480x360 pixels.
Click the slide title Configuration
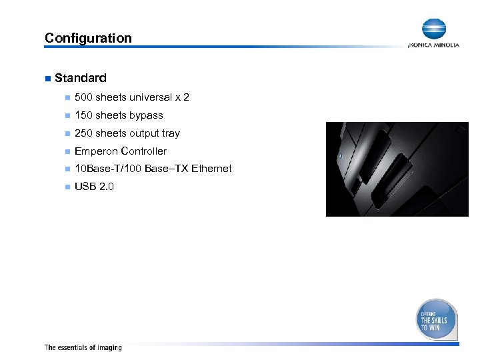(x=88, y=38)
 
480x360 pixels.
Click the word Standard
(x=81, y=78)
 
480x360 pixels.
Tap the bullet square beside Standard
(x=47, y=79)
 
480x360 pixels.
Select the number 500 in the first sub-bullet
(x=83, y=97)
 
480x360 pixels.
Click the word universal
(x=151, y=97)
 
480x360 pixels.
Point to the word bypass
(x=146, y=115)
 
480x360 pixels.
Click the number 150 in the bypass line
(x=83, y=115)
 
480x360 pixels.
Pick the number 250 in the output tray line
(x=83, y=133)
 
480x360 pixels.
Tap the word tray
(x=171, y=133)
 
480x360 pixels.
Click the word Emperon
(x=95, y=151)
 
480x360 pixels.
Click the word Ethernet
(x=211, y=169)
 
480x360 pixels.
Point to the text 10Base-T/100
(x=107, y=169)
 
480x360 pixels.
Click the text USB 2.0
(x=94, y=187)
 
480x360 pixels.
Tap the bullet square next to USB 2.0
(x=67, y=187)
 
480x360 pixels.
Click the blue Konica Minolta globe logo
(x=433, y=29)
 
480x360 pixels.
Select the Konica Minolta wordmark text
(x=433, y=45)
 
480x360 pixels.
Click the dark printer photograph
(x=397, y=169)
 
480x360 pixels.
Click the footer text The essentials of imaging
(x=83, y=347)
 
